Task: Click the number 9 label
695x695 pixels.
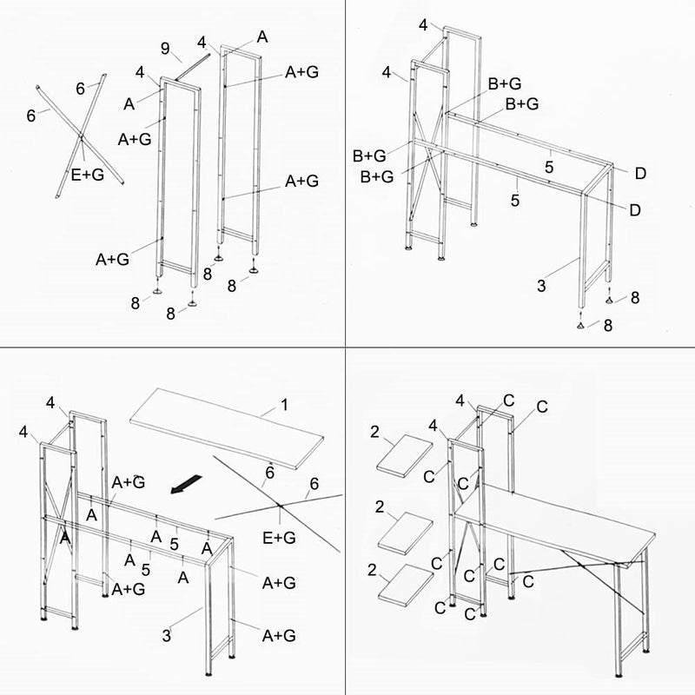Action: click(165, 49)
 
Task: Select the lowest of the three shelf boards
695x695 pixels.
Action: click(405, 584)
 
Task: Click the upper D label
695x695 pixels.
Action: click(639, 174)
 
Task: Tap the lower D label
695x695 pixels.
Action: click(635, 210)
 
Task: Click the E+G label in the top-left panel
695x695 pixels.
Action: click(88, 175)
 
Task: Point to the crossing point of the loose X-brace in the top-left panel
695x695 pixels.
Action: click(80, 136)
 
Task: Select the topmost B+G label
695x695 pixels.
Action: click(504, 83)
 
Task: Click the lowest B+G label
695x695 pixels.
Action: click(376, 176)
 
